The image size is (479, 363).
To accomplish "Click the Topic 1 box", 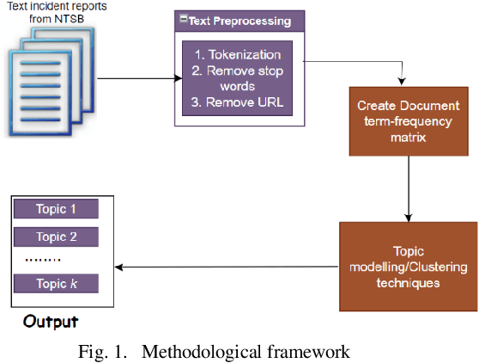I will pos(57,210).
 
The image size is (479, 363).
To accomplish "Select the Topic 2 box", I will pos(57,237).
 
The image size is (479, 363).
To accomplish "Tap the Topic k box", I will pos(57,284).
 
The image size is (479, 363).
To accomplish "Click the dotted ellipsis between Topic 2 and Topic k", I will pos(43,260).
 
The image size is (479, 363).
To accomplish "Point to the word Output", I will pos(51,322).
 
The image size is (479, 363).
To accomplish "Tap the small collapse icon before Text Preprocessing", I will pos(183,19).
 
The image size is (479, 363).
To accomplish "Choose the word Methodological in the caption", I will pos(198,351).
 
